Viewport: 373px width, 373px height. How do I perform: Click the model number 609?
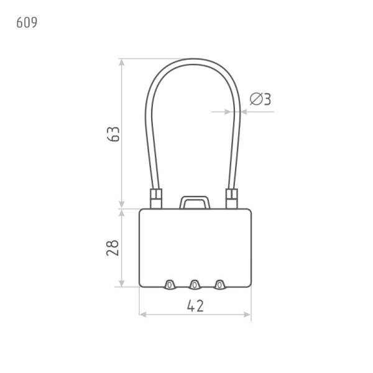pyautogui.click(x=27, y=22)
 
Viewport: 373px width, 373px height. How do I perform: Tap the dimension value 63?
pyautogui.click(x=114, y=134)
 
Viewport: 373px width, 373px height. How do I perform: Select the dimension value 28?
pyautogui.click(x=113, y=248)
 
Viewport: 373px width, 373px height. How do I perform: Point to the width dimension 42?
pyautogui.click(x=195, y=306)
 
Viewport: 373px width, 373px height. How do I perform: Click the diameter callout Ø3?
pyautogui.click(x=260, y=99)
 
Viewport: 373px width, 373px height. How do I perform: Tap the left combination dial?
pyautogui.click(x=169, y=285)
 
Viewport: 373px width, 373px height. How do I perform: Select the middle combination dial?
pyautogui.click(x=195, y=285)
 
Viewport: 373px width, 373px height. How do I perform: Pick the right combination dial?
pyautogui.click(x=219, y=285)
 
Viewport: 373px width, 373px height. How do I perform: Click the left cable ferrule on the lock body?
pyautogui.click(x=156, y=199)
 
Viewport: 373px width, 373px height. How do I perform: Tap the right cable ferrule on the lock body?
pyautogui.click(x=232, y=199)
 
